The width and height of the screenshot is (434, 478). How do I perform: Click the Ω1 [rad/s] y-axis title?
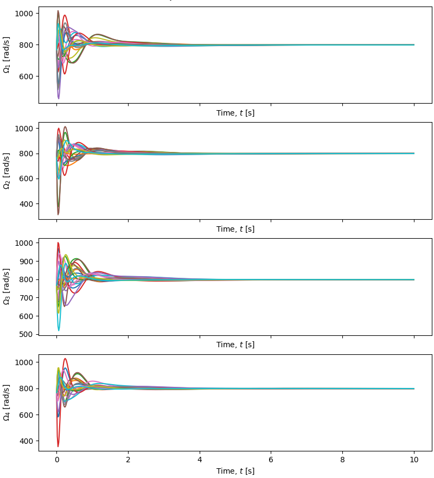pyautogui.click(x=7, y=55)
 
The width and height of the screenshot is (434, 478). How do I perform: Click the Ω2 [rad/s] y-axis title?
pyautogui.click(x=7, y=171)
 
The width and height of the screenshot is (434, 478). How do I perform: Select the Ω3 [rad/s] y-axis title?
pyautogui.click(x=7, y=286)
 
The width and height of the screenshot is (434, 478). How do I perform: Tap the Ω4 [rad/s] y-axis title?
pyautogui.click(x=7, y=403)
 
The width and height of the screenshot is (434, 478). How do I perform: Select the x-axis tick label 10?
pyautogui.click(x=414, y=459)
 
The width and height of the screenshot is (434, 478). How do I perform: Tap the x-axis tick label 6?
pyautogui.click(x=271, y=459)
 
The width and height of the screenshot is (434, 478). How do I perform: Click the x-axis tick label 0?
pyautogui.click(x=56, y=459)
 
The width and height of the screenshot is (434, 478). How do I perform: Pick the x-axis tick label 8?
pyautogui.click(x=343, y=459)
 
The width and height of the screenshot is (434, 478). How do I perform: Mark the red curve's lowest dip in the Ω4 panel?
pyautogui.click(x=58, y=447)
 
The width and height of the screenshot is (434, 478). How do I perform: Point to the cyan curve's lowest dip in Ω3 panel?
pyautogui.click(x=59, y=330)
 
